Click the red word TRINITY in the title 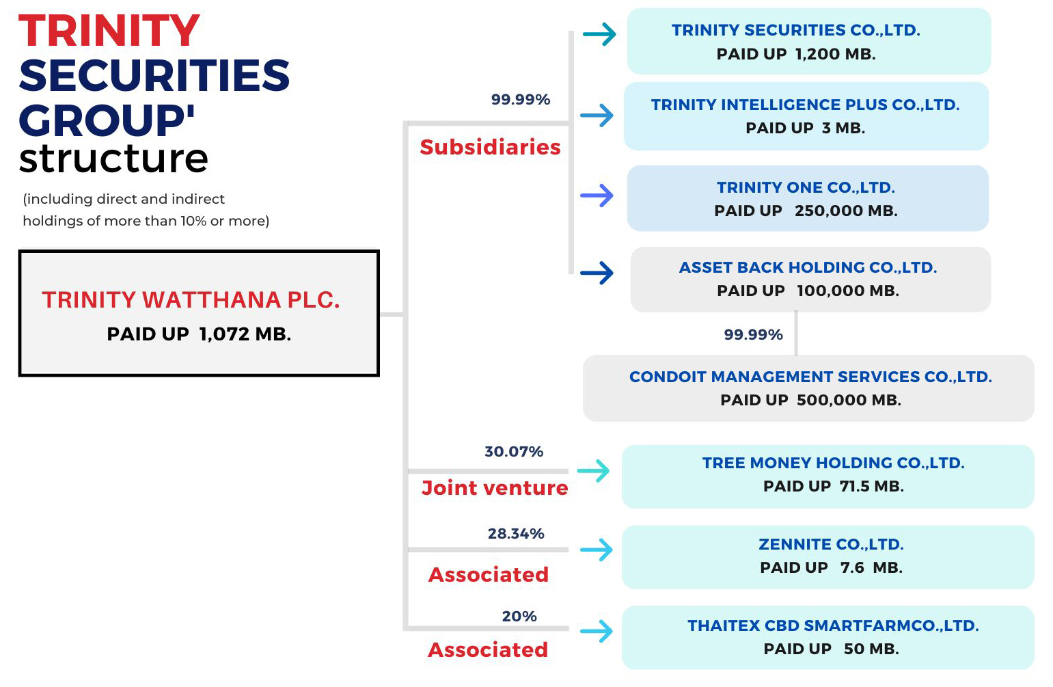click(x=109, y=31)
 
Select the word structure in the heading click(x=113, y=159)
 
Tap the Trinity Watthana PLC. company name click(x=191, y=300)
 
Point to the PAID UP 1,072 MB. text click(x=199, y=334)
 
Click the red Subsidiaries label click(x=491, y=147)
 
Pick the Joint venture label click(x=495, y=487)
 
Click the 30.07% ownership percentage click(x=514, y=451)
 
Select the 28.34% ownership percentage click(x=516, y=534)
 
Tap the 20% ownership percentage click(x=519, y=616)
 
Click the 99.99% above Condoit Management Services click(x=753, y=335)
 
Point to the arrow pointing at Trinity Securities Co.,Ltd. click(x=599, y=34)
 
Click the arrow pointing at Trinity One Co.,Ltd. click(x=597, y=196)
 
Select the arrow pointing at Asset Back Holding click(x=597, y=273)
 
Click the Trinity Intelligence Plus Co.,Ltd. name click(x=805, y=105)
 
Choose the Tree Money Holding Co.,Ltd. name click(x=834, y=463)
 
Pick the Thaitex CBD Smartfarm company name click(x=834, y=626)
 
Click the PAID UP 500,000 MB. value click(x=811, y=400)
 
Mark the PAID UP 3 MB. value click(x=805, y=128)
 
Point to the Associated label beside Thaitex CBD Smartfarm click(x=488, y=650)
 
